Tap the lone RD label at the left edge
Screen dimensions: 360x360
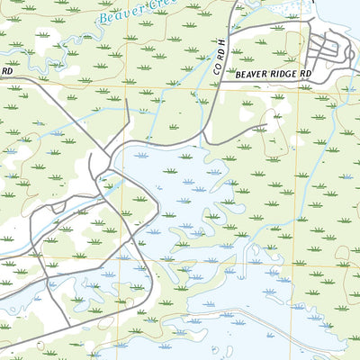[6, 70]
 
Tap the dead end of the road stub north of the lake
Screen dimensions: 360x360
[128, 102]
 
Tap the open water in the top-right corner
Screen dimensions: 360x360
[346, 9]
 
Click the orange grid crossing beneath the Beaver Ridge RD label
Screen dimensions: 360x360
[289, 88]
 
